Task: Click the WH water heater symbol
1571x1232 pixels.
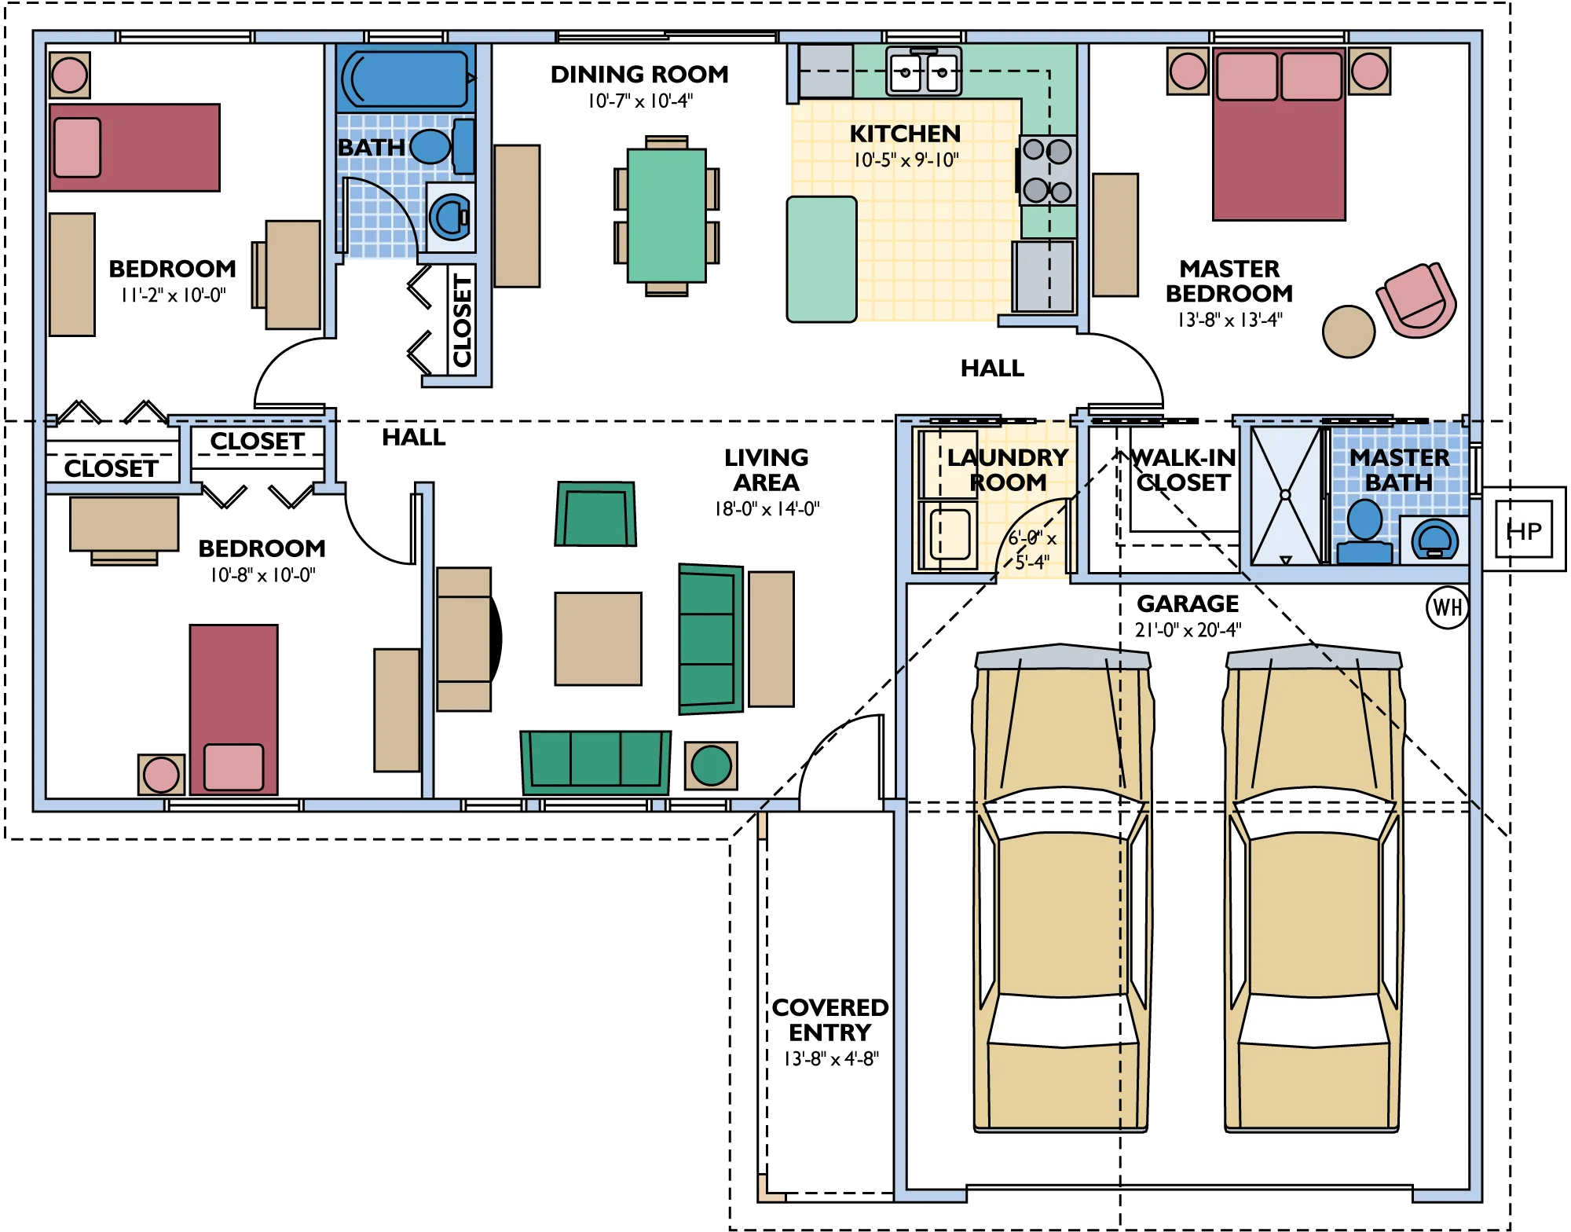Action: (x=1447, y=607)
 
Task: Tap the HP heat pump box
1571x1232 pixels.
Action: (x=1524, y=529)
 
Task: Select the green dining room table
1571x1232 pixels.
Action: (x=666, y=215)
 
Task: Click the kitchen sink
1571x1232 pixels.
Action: (x=924, y=71)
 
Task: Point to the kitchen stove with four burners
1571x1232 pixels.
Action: (x=1047, y=170)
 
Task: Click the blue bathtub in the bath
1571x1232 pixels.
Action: (x=405, y=79)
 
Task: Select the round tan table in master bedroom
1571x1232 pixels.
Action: (x=1348, y=332)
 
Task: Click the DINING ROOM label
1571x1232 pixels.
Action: (x=639, y=75)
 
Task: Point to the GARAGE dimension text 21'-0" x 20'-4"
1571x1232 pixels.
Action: (x=1188, y=630)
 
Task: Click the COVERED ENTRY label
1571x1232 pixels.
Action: (x=830, y=1020)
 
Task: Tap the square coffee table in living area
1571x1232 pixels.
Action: (x=598, y=639)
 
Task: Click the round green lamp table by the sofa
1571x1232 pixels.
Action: (x=711, y=765)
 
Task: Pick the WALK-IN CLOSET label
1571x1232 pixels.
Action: (x=1183, y=470)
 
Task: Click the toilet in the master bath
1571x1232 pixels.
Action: (x=1434, y=540)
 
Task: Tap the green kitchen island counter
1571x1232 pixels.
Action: (x=822, y=259)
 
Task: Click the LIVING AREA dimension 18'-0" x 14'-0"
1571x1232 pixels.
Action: (x=767, y=509)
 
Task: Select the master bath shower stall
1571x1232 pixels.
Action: (x=1286, y=495)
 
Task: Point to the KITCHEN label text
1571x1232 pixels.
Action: (x=905, y=134)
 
